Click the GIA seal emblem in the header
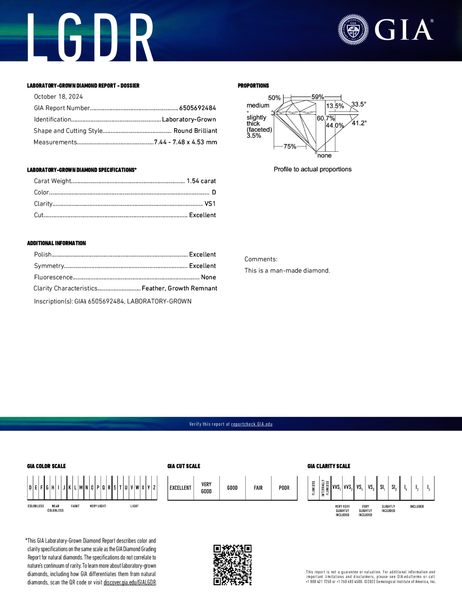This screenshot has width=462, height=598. click(x=353, y=30)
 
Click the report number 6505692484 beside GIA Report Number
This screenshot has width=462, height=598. click(x=198, y=108)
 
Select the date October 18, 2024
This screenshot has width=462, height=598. click(x=58, y=97)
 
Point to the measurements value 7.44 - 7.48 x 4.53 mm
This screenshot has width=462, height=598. click(x=186, y=142)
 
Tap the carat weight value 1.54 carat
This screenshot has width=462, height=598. click(x=201, y=181)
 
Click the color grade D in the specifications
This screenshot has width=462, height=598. click(x=214, y=192)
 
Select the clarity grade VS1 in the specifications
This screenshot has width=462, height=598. click(x=210, y=204)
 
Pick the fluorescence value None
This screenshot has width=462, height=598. click(x=208, y=277)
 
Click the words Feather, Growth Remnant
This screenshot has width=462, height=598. click(x=179, y=288)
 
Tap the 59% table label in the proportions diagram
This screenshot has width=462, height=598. click(x=318, y=97)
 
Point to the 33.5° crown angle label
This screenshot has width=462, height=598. click(x=358, y=104)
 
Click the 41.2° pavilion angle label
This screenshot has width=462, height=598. click(x=359, y=123)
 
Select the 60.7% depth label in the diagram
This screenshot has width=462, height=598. click(x=326, y=118)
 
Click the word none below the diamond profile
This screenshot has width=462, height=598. click(x=324, y=156)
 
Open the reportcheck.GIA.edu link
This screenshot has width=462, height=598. click(x=252, y=424)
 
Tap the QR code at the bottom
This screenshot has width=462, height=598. click(x=233, y=565)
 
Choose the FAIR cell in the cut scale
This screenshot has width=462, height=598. click(x=258, y=488)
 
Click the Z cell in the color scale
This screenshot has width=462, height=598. click(x=154, y=487)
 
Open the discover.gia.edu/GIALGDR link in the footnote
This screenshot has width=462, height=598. click(x=130, y=583)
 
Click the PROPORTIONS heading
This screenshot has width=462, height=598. click(x=253, y=85)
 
